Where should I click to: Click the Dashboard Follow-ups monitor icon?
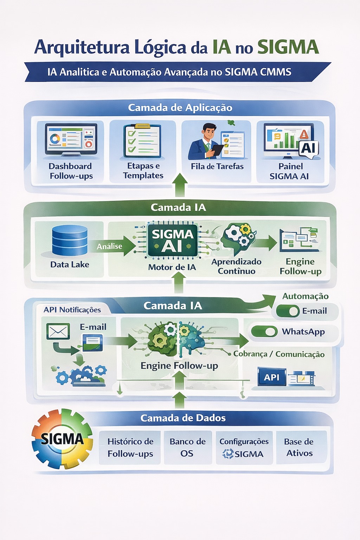[71, 140]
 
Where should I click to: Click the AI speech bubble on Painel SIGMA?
[309, 148]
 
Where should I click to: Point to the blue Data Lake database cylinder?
[70, 240]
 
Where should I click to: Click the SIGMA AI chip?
[172, 241]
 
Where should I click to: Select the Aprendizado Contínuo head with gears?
[238, 239]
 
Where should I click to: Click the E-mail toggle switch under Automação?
[288, 311]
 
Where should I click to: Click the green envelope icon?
[58, 332]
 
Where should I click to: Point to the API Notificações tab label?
[72, 310]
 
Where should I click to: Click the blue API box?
[272, 377]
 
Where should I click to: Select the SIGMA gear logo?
[62, 438]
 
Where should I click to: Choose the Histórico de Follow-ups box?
[130, 448]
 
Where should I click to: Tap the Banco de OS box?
[187, 448]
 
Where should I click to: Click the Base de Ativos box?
[299, 448]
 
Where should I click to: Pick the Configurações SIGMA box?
[244, 448]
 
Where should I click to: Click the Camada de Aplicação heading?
[180, 108]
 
